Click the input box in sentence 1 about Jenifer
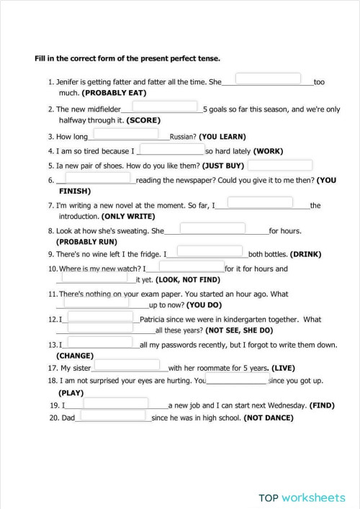tap(268, 78)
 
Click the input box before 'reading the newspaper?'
tap(97, 178)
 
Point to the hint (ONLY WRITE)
tap(127, 216)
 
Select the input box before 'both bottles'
tap(208, 251)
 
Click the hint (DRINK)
tap(305, 255)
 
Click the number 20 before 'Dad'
tap(54, 418)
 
